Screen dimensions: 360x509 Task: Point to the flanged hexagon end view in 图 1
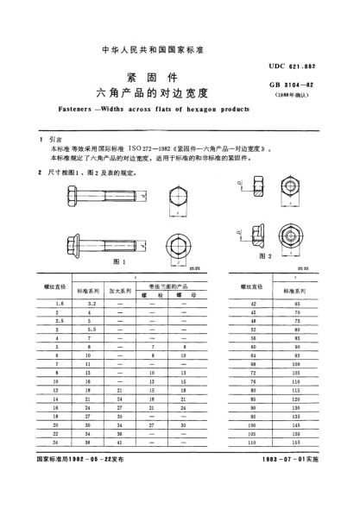178,242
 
